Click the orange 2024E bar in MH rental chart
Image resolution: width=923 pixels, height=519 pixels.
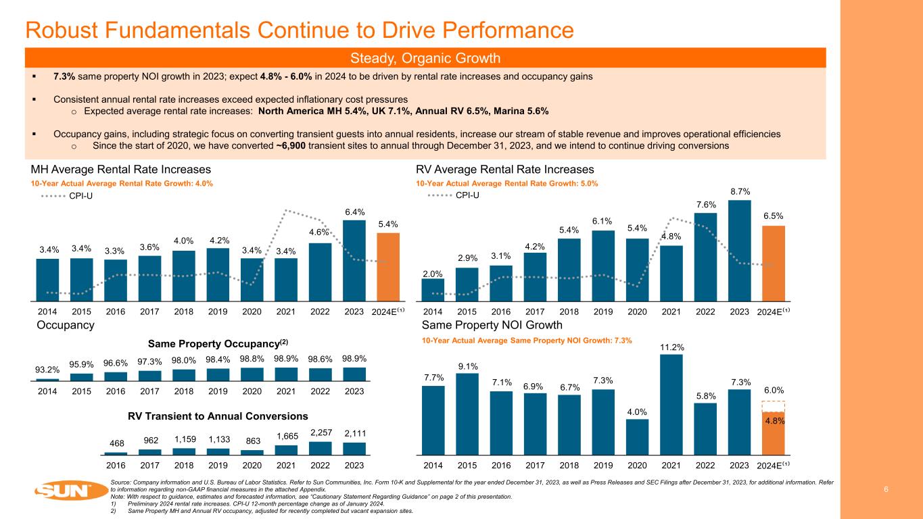(388, 266)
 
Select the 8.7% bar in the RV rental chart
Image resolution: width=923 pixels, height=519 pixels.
(739, 250)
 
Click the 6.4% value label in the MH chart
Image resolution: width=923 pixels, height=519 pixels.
(354, 212)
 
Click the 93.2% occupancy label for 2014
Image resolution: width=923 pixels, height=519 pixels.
(47, 369)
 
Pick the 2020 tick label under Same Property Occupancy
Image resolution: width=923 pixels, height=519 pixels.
(252, 391)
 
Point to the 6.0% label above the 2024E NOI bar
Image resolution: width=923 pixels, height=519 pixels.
(773, 391)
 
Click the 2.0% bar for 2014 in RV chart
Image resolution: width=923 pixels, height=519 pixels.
(433, 289)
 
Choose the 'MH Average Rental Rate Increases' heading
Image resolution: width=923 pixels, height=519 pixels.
(121, 169)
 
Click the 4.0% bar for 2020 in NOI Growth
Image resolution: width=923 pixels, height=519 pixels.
(637, 437)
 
